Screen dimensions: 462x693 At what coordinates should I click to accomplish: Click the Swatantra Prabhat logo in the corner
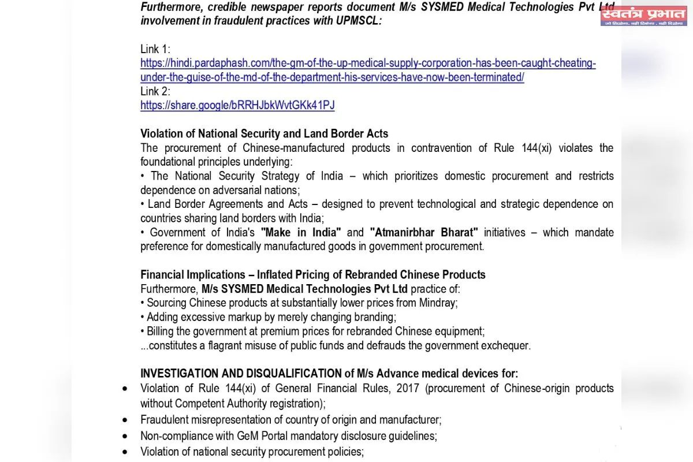coord(643,16)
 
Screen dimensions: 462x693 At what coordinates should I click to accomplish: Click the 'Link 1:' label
coord(155,49)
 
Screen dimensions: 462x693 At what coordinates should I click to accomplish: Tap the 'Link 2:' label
coord(155,91)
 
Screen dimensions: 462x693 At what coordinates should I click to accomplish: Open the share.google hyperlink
coord(237,105)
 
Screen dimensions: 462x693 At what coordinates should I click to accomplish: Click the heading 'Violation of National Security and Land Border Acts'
coord(264,133)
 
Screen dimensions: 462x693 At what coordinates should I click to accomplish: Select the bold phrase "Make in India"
coord(301,232)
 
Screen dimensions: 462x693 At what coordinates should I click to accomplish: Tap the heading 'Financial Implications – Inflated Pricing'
coord(312,274)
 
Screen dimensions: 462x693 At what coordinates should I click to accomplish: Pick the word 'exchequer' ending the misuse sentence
coord(502,345)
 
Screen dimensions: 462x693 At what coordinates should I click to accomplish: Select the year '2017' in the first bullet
coord(408,388)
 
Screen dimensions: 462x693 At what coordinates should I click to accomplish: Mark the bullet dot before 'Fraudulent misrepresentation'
coord(125,420)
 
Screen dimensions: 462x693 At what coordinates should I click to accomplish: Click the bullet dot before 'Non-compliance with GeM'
coord(125,436)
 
